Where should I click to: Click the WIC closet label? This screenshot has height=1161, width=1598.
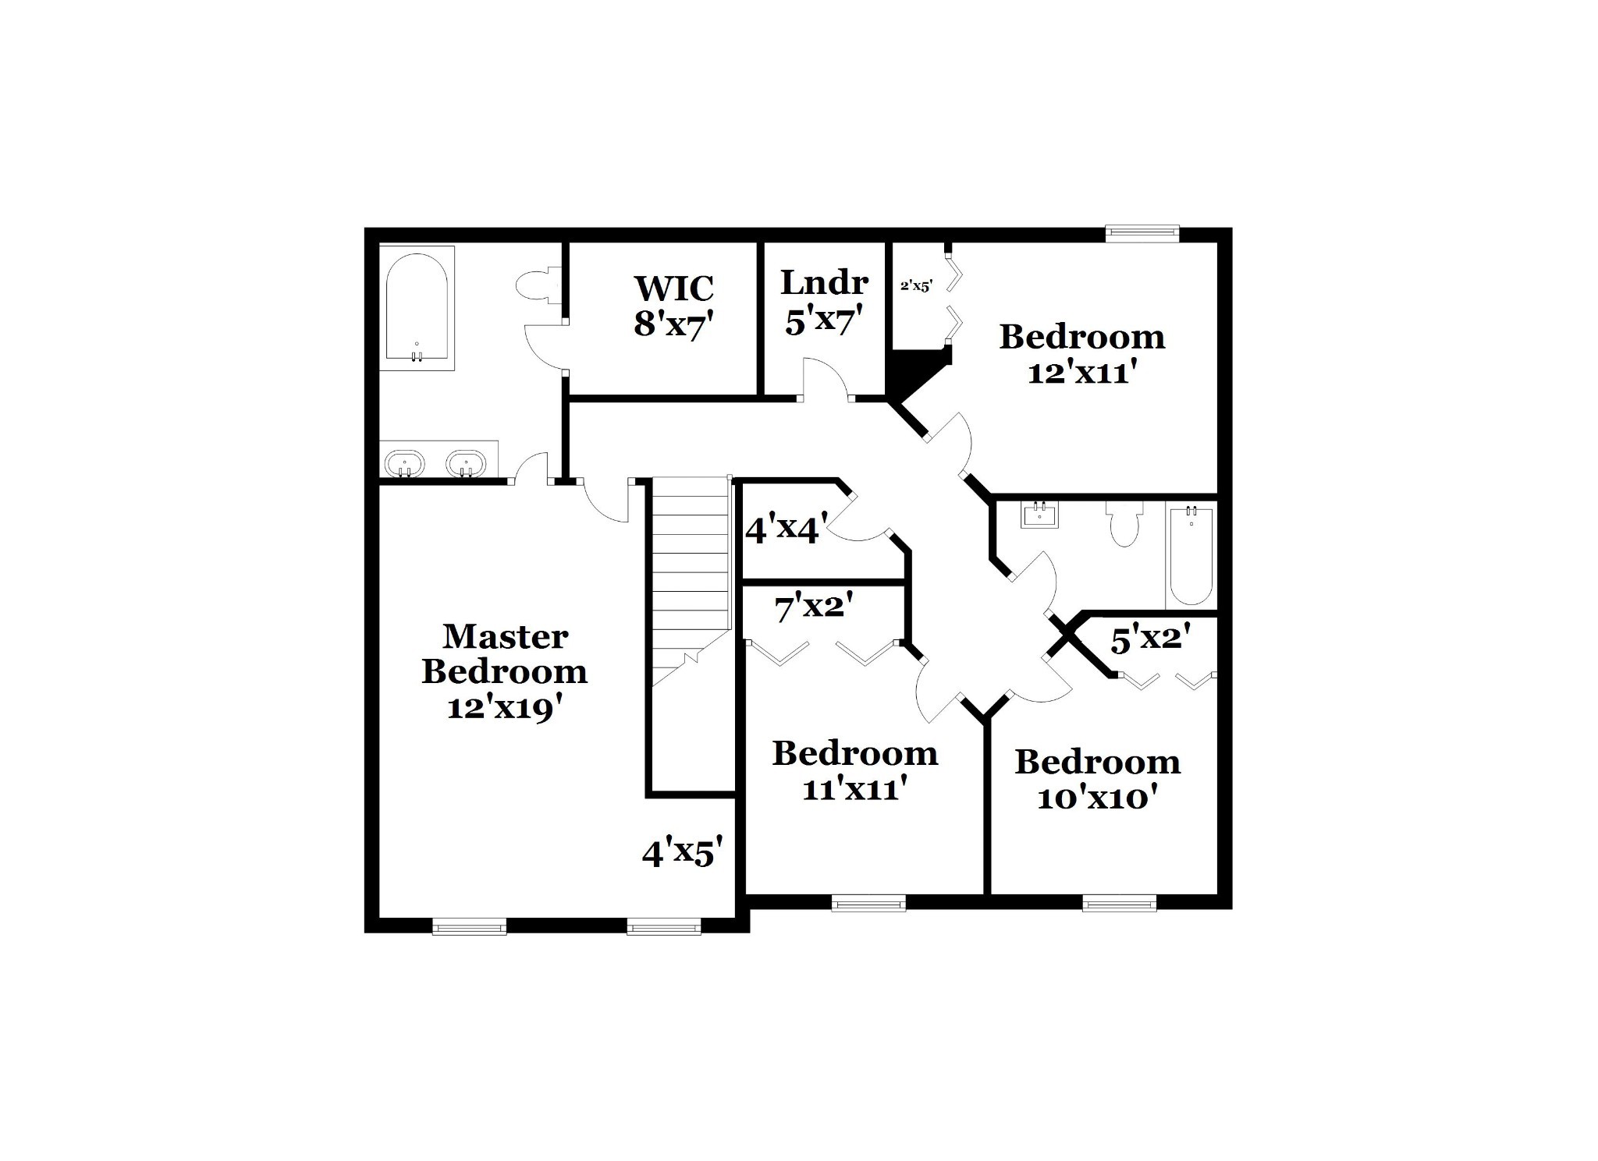(x=673, y=288)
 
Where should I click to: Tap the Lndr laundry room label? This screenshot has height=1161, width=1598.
(x=824, y=281)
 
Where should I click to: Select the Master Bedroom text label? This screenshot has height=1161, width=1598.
(x=504, y=653)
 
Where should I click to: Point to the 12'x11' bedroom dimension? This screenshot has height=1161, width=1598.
(x=1080, y=373)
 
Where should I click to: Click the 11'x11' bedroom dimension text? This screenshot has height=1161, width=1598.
(x=854, y=790)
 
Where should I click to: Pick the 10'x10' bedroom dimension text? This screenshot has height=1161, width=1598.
(x=1096, y=798)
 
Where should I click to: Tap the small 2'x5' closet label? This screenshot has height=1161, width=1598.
(x=916, y=285)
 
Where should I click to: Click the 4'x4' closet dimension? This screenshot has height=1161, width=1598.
(x=786, y=529)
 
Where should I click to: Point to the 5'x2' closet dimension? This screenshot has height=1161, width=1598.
(x=1150, y=639)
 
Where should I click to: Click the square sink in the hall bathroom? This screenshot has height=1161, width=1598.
(x=1039, y=515)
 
